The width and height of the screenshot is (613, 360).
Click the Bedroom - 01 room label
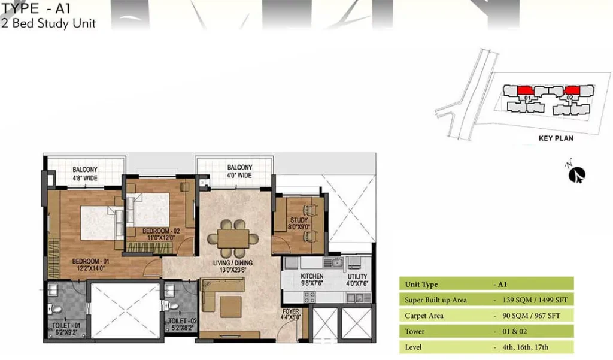(x=91, y=265)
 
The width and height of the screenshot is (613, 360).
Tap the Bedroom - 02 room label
(x=160, y=234)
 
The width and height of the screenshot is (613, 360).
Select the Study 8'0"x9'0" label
(x=299, y=223)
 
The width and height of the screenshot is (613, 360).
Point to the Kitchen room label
(x=312, y=279)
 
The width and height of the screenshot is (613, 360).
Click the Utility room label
(x=357, y=279)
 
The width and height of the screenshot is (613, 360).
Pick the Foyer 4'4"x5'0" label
(x=290, y=314)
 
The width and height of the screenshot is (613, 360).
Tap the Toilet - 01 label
(x=66, y=329)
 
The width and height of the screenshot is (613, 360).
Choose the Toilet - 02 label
(x=183, y=325)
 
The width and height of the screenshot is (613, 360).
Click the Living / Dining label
(x=233, y=266)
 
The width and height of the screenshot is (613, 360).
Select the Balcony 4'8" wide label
(x=85, y=174)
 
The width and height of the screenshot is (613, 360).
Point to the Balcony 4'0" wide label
(x=239, y=171)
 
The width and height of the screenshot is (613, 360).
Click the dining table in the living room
(x=233, y=238)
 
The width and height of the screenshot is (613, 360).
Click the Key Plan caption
(x=556, y=138)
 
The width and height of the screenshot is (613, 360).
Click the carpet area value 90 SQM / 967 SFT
(x=532, y=316)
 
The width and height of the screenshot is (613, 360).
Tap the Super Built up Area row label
(x=436, y=300)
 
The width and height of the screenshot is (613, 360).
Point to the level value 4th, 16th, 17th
(x=526, y=347)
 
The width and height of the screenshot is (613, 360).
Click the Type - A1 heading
(x=36, y=8)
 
